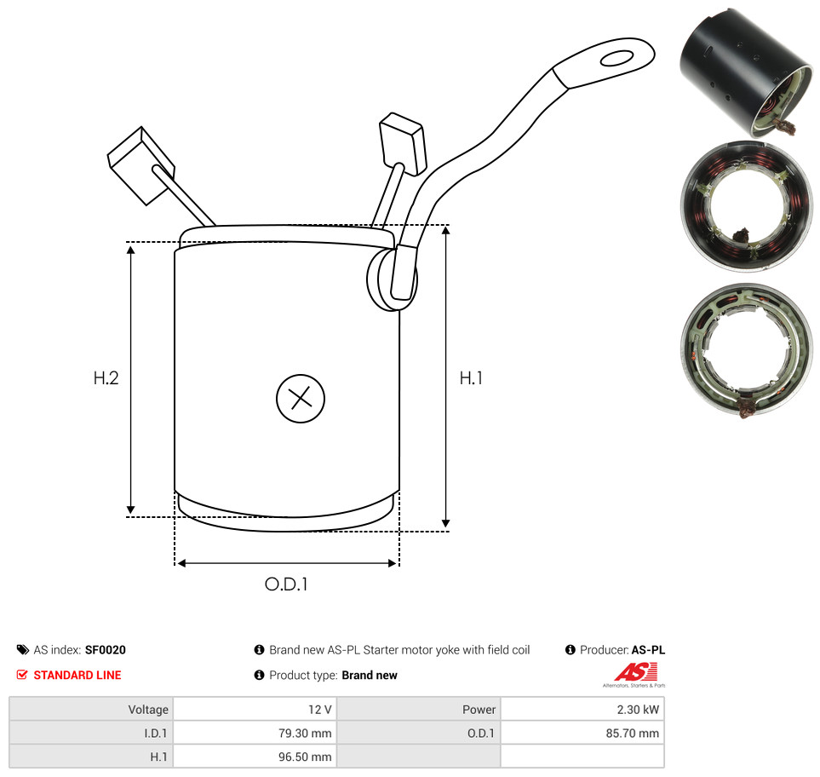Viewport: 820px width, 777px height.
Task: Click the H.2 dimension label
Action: [106, 377]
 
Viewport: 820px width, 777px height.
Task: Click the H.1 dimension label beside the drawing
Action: [471, 377]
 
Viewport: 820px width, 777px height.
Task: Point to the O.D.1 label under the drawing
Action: [286, 584]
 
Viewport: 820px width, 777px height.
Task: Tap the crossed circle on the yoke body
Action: [301, 398]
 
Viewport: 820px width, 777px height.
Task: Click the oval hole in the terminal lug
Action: [617, 58]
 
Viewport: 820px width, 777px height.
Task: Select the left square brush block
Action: [140, 165]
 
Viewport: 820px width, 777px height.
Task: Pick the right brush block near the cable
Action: [402, 143]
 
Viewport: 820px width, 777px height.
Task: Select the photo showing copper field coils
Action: [746, 206]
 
